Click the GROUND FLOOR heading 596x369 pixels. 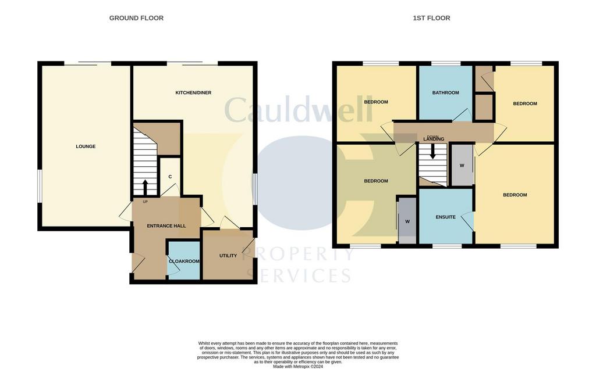point(136,18)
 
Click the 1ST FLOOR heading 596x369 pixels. point(431,18)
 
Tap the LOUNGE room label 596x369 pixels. point(86,146)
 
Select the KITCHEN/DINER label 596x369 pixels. point(193,92)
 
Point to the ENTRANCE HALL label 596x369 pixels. point(166,226)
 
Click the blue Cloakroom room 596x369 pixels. point(184,261)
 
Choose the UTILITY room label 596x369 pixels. point(228,256)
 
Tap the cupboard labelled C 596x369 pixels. point(170,177)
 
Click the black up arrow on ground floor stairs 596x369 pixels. point(145,187)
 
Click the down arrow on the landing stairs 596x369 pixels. point(432,152)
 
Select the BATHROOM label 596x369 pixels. point(445,92)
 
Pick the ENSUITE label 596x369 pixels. point(445,217)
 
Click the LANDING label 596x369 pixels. point(434,139)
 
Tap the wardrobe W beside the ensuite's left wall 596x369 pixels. point(407,221)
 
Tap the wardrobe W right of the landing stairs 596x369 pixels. point(462,166)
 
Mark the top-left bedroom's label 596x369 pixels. point(376,102)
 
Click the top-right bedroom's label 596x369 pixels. point(525,103)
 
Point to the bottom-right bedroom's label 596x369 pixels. point(515,195)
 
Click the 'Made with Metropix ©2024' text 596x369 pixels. point(298,367)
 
